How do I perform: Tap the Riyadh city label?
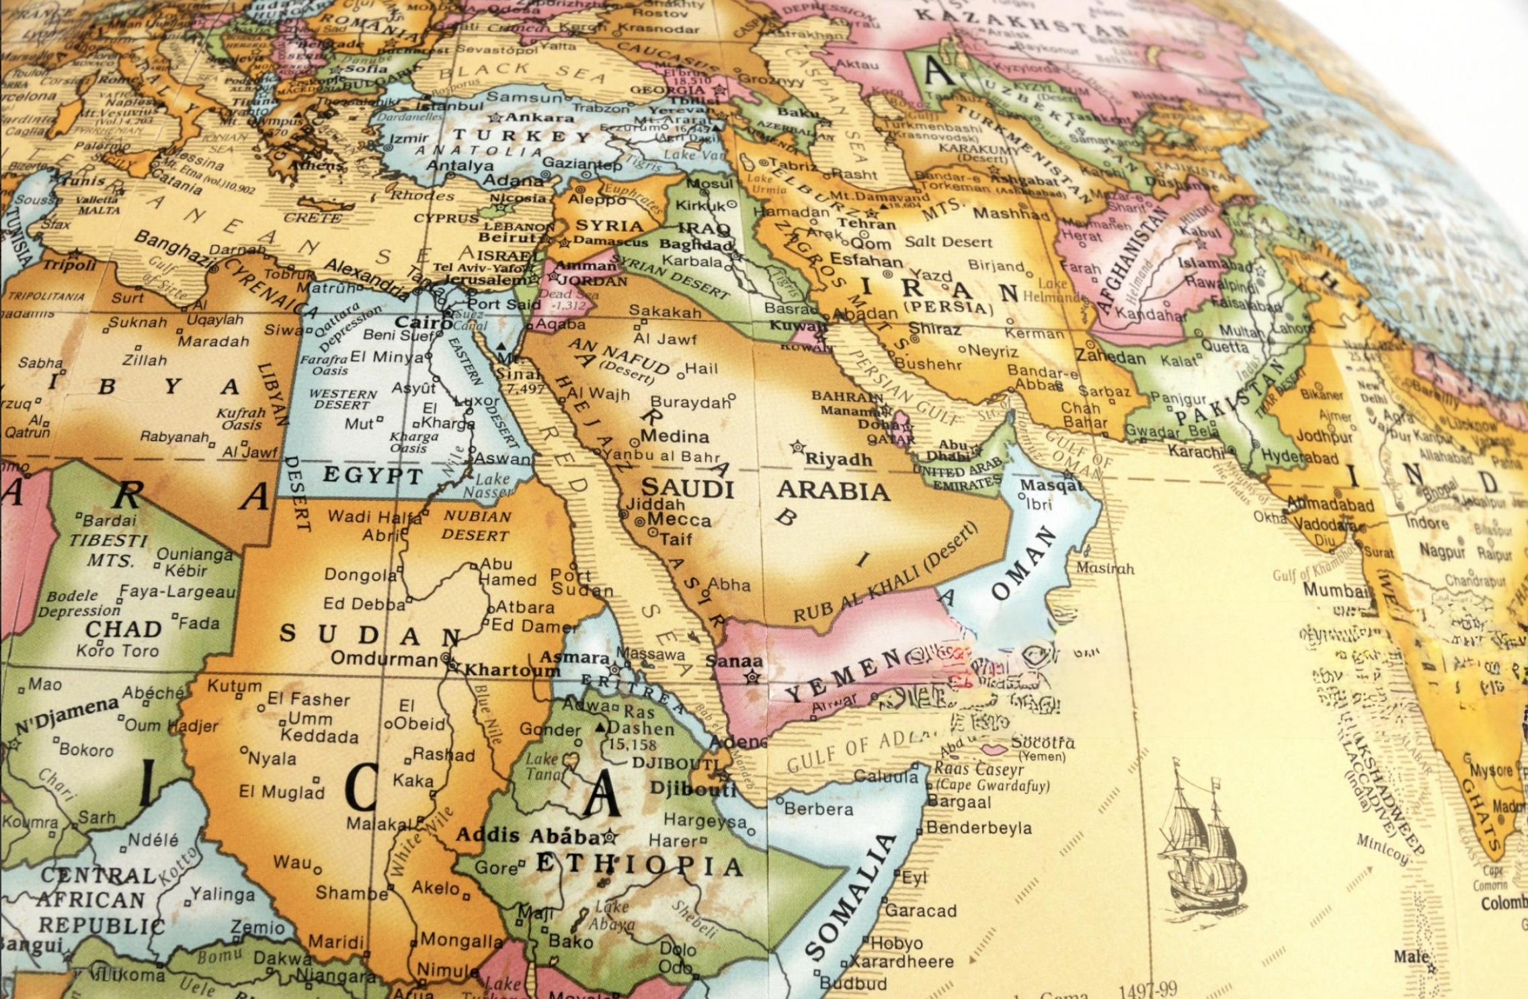[838, 459]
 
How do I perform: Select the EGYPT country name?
[373, 475]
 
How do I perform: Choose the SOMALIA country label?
[850, 898]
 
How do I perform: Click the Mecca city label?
[679, 520]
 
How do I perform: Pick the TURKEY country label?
[521, 135]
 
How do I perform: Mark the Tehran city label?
[867, 224]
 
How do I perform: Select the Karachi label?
[1197, 451]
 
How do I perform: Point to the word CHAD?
[124, 629]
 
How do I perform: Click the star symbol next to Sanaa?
[753, 678]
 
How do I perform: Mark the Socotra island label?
[1043, 743]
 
